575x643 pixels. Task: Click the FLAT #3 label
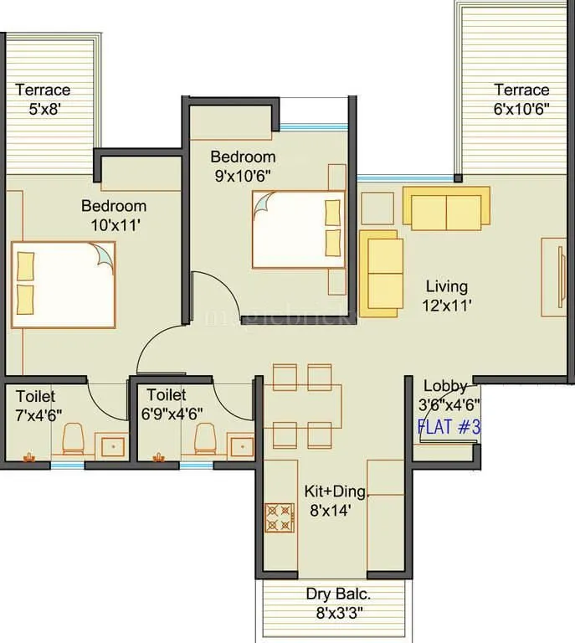click(449, 427)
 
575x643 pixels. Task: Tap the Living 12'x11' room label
click(446, 296)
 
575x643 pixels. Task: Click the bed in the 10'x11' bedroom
click(63, 285)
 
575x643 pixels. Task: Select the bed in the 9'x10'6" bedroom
click(298, 229)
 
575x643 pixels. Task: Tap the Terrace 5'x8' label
click(43, 99)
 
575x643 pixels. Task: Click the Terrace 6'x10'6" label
click(521, 99)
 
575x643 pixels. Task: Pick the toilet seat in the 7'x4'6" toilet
click(73, 437)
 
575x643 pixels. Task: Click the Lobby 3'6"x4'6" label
click(449, 394)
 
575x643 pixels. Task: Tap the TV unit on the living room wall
click(554, 277)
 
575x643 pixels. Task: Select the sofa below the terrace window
click(446, 208)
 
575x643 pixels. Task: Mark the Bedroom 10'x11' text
click(113, 214)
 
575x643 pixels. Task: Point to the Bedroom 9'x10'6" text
click(242, 166)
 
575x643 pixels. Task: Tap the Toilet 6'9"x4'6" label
click(174, 403)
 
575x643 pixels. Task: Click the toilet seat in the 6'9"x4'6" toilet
click(203, 437)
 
